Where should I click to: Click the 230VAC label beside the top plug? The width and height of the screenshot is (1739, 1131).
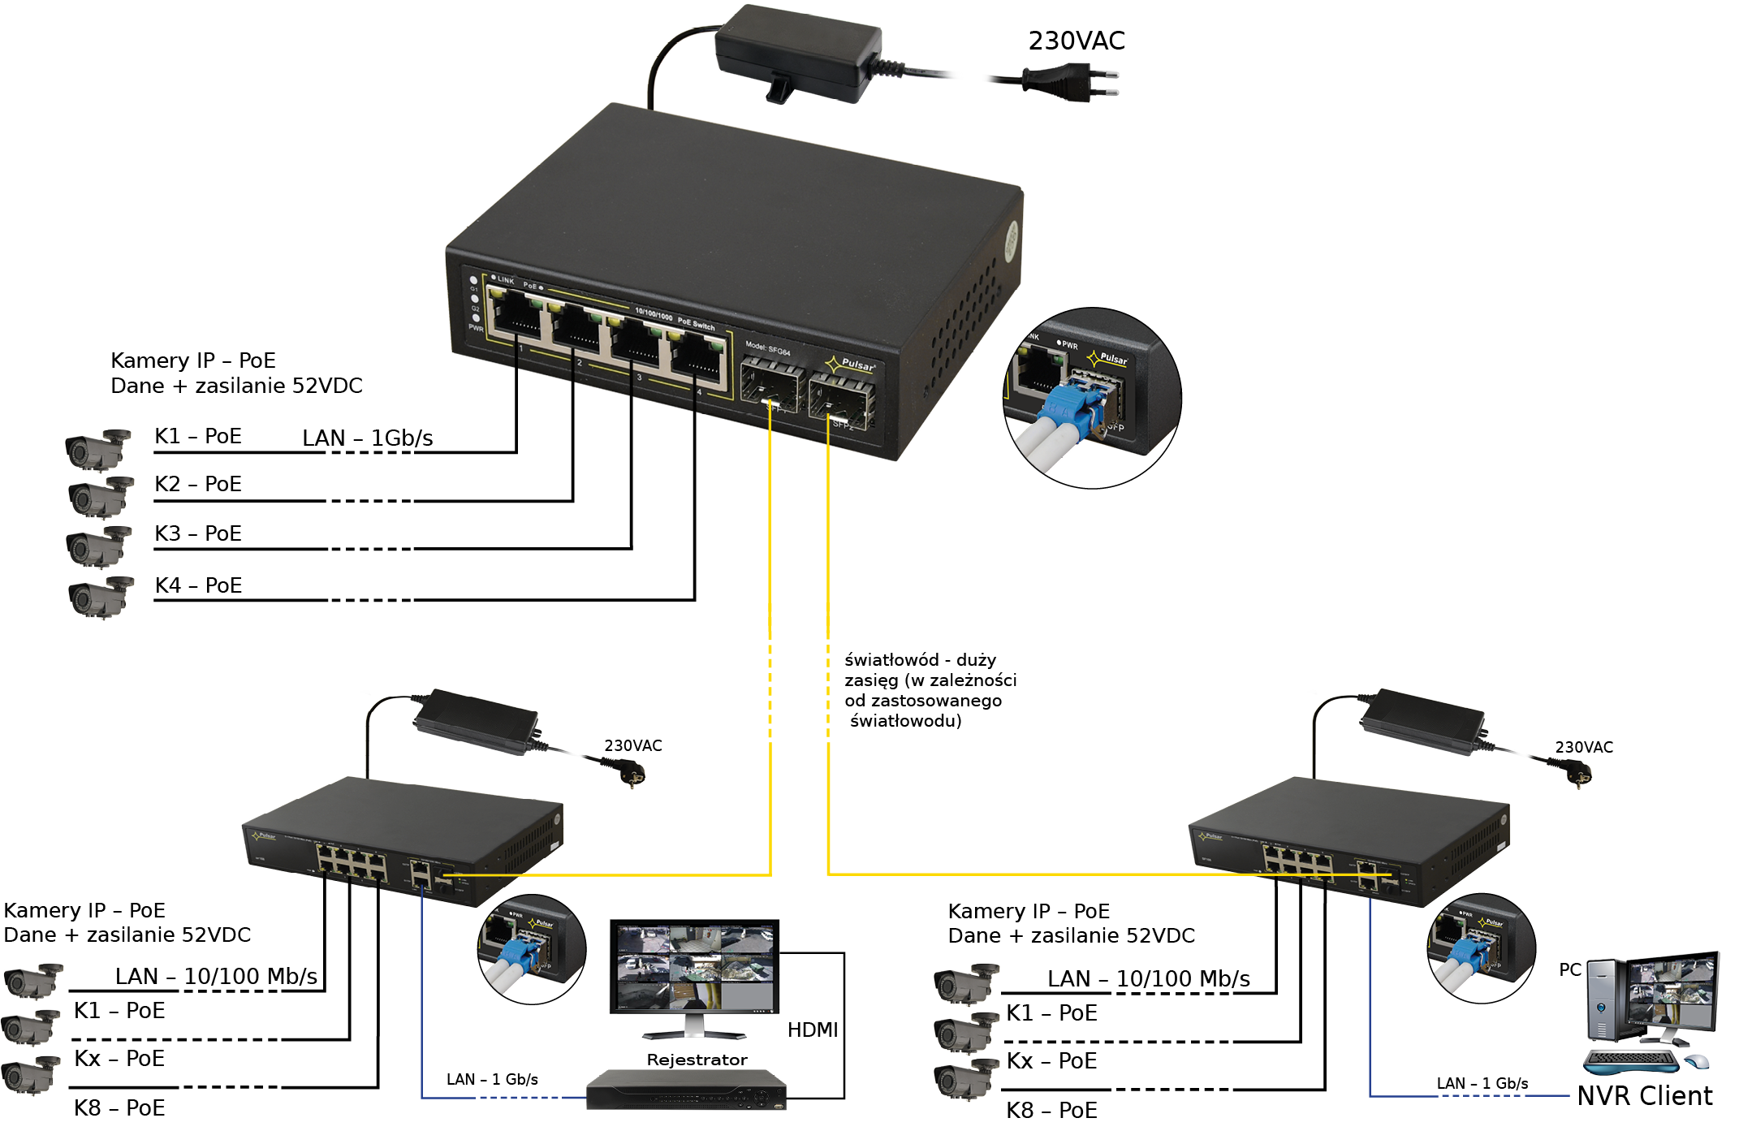1076,41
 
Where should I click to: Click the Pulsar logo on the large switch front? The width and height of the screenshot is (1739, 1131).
851,364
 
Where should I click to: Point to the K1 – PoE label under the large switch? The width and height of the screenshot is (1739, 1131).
197,436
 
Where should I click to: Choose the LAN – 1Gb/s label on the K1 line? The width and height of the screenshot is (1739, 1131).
367,438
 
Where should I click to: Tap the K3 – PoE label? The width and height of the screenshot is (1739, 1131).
197,533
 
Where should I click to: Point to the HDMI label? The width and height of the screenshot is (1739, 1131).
812,1030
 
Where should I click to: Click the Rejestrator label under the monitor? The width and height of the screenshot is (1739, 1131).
697,1060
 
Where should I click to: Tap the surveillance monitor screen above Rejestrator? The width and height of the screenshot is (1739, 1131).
694,966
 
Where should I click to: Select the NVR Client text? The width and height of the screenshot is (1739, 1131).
1645,1096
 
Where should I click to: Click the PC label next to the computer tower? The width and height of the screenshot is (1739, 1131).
1570,969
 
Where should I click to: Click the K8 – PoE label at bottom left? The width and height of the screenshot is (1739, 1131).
119,1108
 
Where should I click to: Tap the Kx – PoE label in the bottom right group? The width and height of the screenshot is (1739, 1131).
1051,1061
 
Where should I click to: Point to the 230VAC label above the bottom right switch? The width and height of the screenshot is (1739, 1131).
1583,747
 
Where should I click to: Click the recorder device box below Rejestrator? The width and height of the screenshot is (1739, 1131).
686,1090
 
